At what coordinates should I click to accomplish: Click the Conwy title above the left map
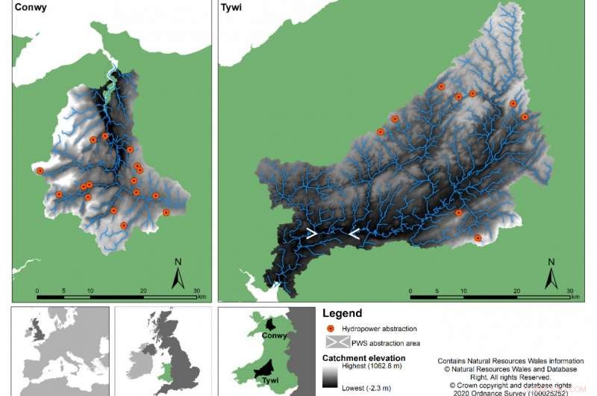[27, 11]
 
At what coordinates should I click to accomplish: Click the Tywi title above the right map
[231, 11]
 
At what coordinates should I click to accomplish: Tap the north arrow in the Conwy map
[178, 273]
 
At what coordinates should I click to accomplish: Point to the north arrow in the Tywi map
[551, 273]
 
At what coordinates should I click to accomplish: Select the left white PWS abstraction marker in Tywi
[311, 233]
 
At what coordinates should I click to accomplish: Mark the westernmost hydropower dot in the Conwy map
[40, 171]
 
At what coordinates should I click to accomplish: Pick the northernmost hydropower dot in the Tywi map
[441, 87]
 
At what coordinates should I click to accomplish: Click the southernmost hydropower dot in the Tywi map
[478, 238]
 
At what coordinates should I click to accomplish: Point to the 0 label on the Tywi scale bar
[410, 291]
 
